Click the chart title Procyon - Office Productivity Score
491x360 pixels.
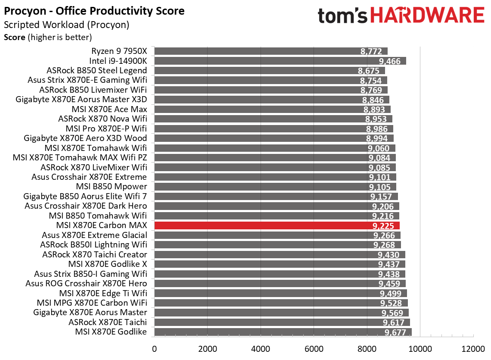(94, 11)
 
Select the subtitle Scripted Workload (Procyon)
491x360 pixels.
(66, 25)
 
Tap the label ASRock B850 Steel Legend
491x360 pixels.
(96, 71)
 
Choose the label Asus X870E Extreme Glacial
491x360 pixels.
(94, 235)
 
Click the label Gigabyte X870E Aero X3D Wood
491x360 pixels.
(85, 138)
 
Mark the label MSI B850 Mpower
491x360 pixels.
(111, 187)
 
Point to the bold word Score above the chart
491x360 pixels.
(15, 38)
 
